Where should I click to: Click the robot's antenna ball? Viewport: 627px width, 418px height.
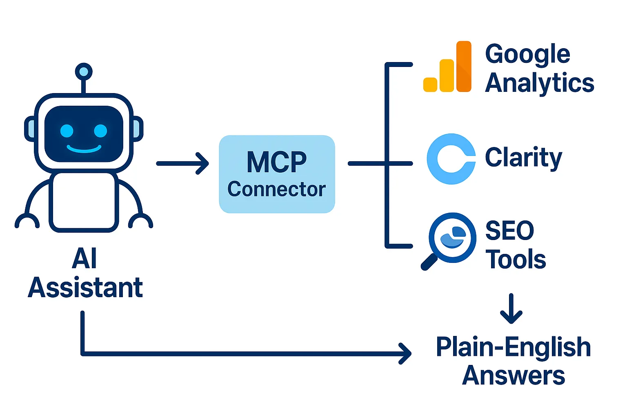[x=84, y=72]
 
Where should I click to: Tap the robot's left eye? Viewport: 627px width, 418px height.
[x=67, y=131]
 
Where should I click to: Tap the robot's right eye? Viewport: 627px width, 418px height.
[x=100, y=131]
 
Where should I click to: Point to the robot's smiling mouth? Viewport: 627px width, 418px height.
[x=84, y=149]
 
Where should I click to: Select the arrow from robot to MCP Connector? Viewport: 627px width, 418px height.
[x=182, y=163]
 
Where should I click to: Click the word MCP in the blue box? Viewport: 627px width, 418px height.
[x=276, y=162]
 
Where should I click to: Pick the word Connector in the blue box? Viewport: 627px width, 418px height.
[x=276, y=189]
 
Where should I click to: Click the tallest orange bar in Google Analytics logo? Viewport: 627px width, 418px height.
[x=464, y=66]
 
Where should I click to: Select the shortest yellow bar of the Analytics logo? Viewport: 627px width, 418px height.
[x=430, y=84]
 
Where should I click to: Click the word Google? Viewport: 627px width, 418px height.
[x=527, y=54]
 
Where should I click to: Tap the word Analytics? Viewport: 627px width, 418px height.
[x=539, y=83]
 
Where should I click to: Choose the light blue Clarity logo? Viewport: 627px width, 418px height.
[x=451, y=159]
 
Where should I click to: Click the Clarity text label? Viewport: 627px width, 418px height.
[x=523, y=158]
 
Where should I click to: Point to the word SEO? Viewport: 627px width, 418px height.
[x=509, y=231]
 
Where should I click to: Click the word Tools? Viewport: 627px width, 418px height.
[x=516, y=260]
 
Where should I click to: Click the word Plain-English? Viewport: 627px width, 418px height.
[x=513, y=347]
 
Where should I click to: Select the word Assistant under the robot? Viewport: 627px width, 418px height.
[x=85, y=288]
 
